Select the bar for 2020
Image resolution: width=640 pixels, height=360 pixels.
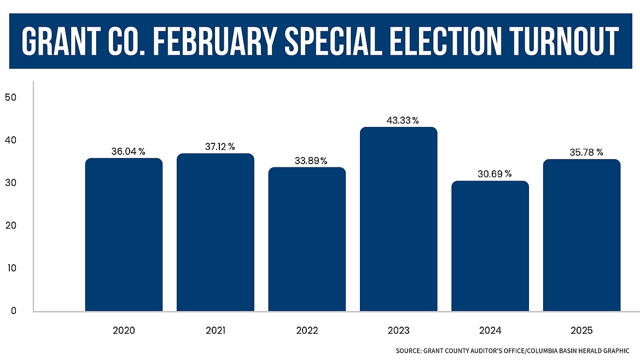124,235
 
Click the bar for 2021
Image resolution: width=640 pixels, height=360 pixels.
215,233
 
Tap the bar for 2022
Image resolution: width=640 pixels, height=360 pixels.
307,240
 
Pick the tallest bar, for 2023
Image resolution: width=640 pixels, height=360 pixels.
398,219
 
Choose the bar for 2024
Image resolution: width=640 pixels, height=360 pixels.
490,246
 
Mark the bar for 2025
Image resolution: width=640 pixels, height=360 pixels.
581,236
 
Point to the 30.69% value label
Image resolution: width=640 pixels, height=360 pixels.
493,174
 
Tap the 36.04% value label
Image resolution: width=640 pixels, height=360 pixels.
128,152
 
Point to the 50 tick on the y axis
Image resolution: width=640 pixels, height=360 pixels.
11,97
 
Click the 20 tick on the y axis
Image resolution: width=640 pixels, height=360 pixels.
11,225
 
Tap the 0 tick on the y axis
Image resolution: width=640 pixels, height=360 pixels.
14,311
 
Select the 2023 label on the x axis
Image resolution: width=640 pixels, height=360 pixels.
398,330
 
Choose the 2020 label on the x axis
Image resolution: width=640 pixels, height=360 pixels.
124,330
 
